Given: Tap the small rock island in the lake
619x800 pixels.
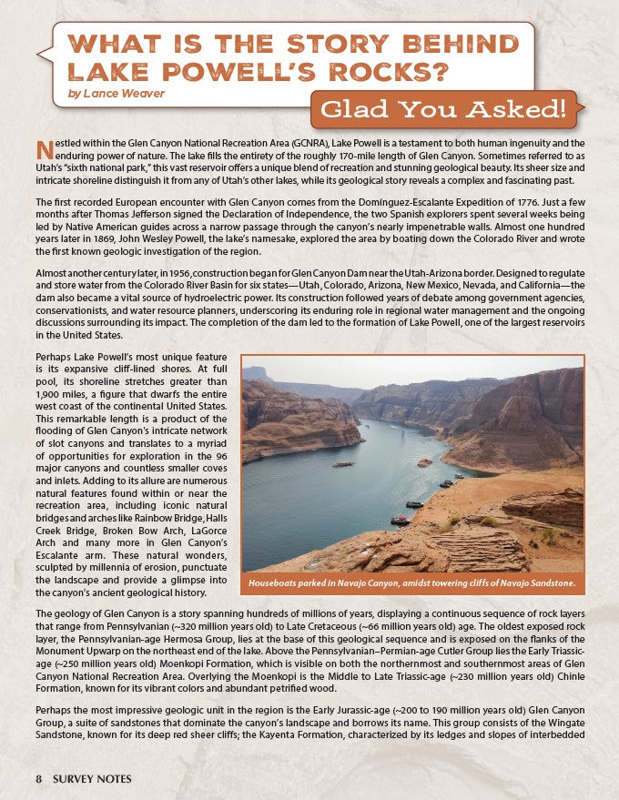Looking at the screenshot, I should [425, 462].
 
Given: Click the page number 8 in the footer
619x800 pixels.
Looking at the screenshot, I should [39, 779].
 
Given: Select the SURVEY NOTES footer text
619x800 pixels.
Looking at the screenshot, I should [91, 779].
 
